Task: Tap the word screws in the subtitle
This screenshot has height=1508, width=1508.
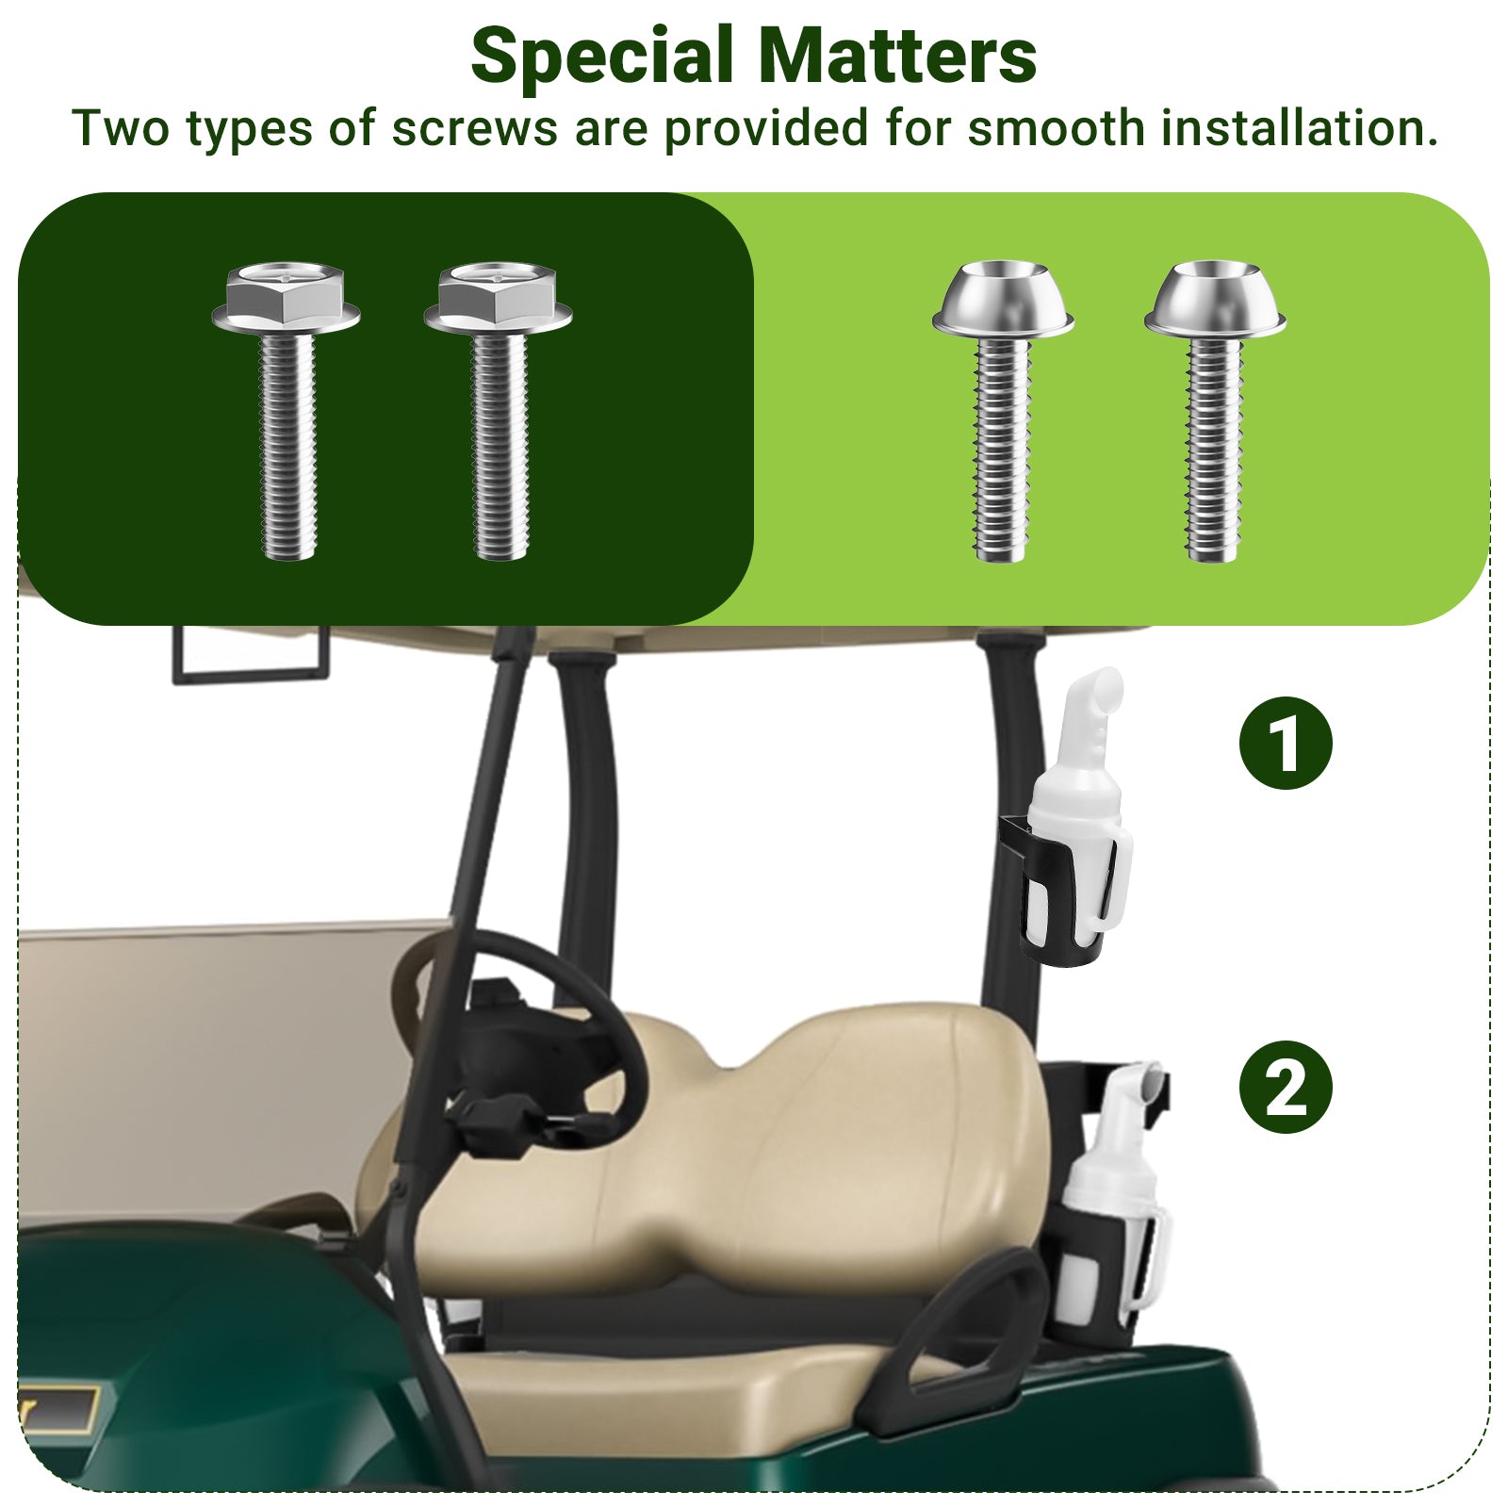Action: [x=474, y=128]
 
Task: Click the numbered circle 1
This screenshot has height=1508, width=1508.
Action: [x=1286, y=743]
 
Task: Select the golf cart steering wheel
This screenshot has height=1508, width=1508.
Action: [x=528, y=1037]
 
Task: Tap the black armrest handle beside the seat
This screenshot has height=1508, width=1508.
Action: [x=952, y=1338]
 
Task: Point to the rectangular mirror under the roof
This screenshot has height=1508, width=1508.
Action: [x=250, y=652]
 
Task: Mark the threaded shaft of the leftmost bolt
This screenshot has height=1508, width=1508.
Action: [x=288, y=443]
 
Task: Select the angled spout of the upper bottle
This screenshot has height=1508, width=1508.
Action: [x=1093, y=697]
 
